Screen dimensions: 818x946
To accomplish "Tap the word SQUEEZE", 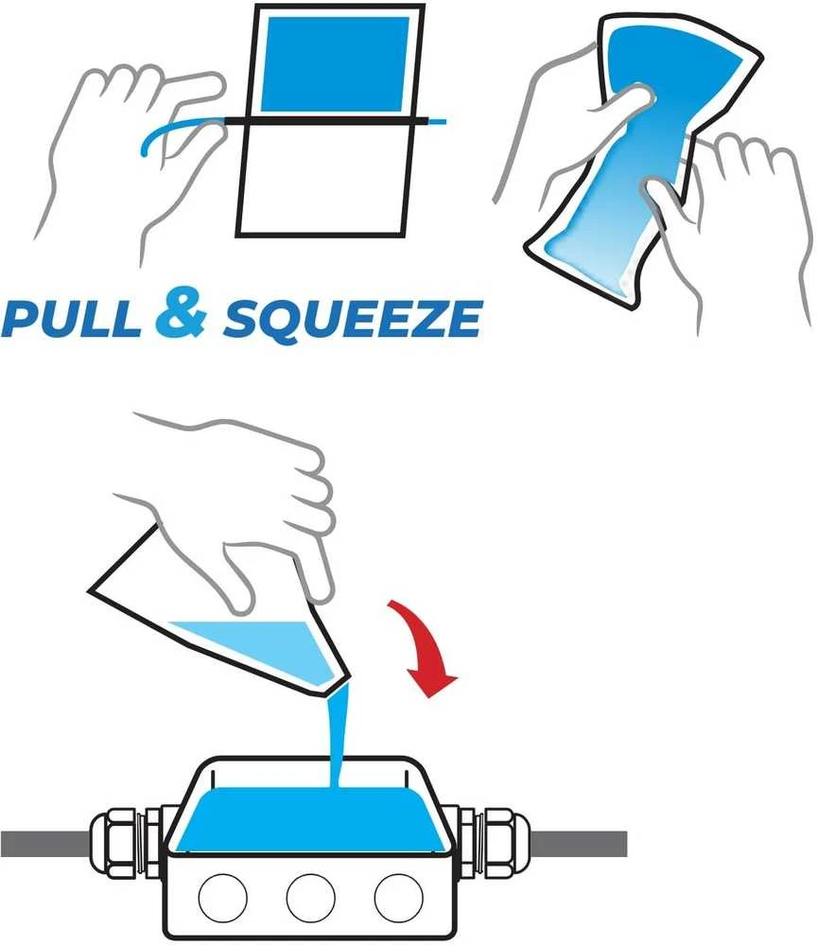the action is tap(353, 319).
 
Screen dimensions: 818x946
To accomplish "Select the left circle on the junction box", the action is tap(222, 897).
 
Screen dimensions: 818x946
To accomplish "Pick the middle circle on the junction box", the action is tap(311, 897).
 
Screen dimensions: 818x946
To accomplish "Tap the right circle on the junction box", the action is tap(399, 897).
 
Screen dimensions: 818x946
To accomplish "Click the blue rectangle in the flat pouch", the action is tap(336, 64).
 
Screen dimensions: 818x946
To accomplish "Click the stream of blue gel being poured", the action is tap(338, 735).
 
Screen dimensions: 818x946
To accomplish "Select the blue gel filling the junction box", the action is tap(310, 819).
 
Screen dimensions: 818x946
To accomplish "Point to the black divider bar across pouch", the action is tap(325, 121).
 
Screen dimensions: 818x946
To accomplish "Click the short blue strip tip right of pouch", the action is tap(437, 122).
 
